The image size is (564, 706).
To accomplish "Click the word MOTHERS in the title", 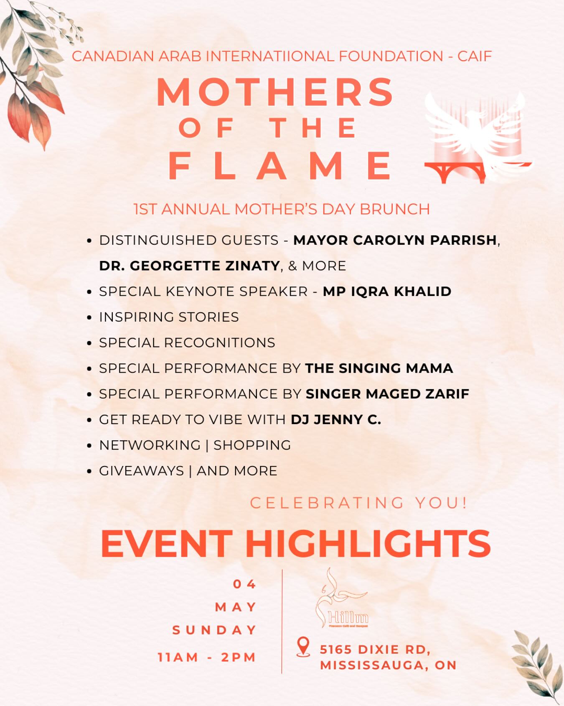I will [x=275, y=92].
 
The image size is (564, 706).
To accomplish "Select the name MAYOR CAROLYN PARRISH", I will [x=395, y=240].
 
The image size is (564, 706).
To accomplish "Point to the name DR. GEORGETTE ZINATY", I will [x=189, y=266].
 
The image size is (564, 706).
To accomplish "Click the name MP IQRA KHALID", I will [x=387, y=292].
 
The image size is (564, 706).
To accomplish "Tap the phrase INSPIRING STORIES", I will [x=169, y=317].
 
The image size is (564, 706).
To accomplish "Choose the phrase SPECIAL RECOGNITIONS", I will [x=187, y=343].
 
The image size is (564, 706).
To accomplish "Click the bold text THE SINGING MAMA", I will [x=379, y=368].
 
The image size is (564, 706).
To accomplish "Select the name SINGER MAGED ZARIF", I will [x=387, y=394].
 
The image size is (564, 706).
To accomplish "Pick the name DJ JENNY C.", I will [x=336, y=420].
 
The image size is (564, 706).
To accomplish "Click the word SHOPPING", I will [x=252, y=445].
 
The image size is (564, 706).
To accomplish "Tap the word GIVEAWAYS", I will [x=142, y=471].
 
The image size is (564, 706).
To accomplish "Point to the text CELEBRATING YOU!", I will [x=358, y=502].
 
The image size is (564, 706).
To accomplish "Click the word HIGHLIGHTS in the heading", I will [x=368, y=543].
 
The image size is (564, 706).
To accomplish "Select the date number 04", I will [x=245, y=584].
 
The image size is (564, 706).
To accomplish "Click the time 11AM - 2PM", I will [x=207, y=657].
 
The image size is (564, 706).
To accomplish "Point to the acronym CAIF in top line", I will [x=475, y=56].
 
